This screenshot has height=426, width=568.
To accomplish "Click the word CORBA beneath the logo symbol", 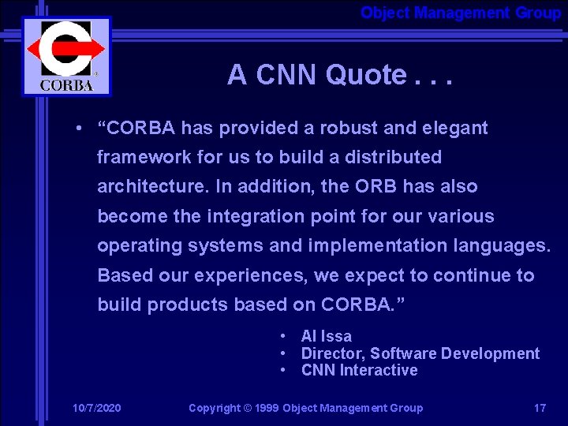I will [66, 84].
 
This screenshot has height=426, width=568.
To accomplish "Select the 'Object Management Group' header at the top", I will [461, 13].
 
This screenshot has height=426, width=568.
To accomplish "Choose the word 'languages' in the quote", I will [501, 245].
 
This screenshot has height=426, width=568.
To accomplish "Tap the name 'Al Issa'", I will [327, 336].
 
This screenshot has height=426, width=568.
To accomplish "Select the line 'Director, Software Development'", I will [420, 353].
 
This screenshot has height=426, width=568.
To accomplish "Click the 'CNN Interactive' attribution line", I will [360, 370].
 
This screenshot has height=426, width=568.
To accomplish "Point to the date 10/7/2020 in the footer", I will [96, 408].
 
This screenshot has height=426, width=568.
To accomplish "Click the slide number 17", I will [540, 408].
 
